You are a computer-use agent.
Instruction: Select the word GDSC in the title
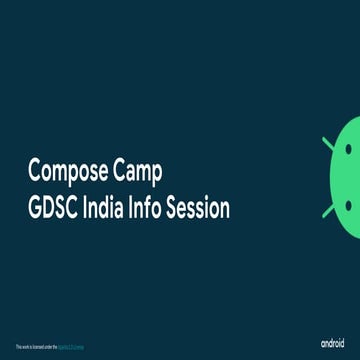[54, 208]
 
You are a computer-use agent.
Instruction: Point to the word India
[110, 208]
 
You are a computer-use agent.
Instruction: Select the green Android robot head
[346, 180]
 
